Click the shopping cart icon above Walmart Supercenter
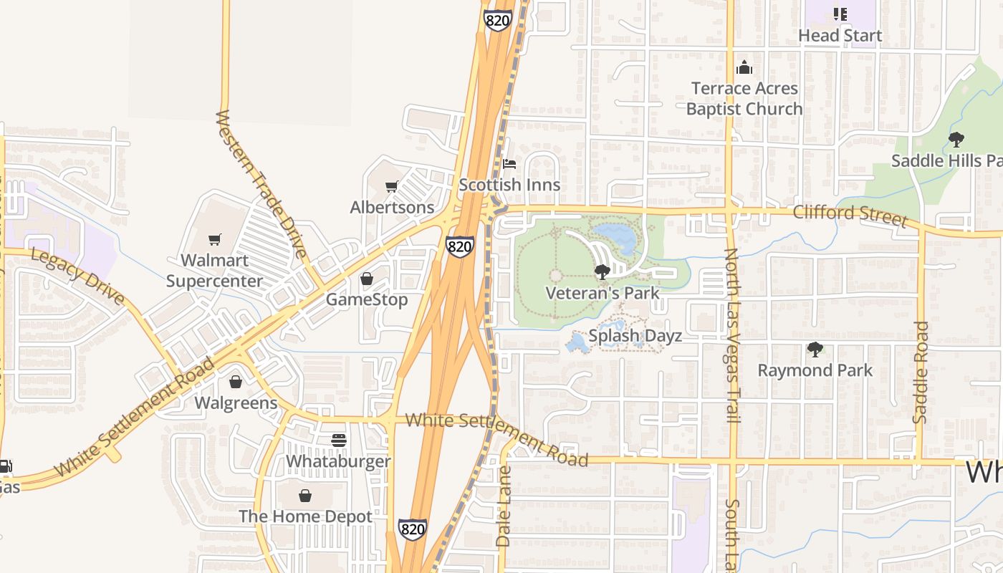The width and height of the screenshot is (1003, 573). [214, 239]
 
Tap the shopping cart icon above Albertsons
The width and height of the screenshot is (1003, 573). [391, 187]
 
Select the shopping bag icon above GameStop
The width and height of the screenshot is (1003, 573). [367, 279]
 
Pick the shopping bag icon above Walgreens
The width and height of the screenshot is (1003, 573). [235, 382]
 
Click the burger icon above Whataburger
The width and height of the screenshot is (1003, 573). [339, 440]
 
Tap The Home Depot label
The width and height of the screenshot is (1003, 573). [305, 516]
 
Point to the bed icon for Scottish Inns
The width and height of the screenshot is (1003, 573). [509, 164]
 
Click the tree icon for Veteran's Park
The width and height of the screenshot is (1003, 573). [602, 271]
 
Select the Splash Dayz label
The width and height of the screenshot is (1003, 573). [635, 336]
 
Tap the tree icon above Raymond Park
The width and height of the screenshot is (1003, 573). [815, 350]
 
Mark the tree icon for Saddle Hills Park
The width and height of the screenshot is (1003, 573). [956, 140]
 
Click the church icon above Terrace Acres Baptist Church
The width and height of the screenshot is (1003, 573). [744, 68]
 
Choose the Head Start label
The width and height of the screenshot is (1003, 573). [840, 35]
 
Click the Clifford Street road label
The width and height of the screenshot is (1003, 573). [850, 214]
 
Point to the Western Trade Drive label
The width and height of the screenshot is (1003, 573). [261, 184]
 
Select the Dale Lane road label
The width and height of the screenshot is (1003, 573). [504, 506]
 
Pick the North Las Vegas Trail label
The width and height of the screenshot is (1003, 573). [731, 335]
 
